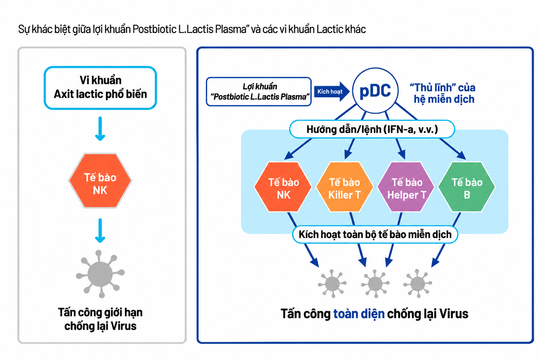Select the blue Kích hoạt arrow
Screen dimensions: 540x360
[332, 91]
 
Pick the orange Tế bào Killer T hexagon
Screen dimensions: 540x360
[345, 187]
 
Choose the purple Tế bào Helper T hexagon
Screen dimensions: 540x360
[406, 187]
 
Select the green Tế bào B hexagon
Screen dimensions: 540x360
[467, 187]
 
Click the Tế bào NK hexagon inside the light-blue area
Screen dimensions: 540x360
[283, 187]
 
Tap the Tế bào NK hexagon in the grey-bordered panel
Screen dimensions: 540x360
[100, 180]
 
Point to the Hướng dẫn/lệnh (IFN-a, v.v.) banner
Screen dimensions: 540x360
[372, 129]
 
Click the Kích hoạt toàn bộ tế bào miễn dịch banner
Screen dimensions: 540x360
[375, 234]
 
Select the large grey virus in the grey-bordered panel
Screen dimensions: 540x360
[100, 274]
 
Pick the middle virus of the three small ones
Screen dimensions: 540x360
[375, 284]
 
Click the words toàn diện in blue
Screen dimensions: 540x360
[359, 314]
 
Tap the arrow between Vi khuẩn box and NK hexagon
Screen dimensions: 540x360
[100, 129]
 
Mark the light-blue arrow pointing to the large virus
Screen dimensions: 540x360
[100, 231]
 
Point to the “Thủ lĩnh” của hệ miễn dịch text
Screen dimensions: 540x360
[443, 93]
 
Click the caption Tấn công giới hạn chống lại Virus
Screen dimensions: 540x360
[100, 319]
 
